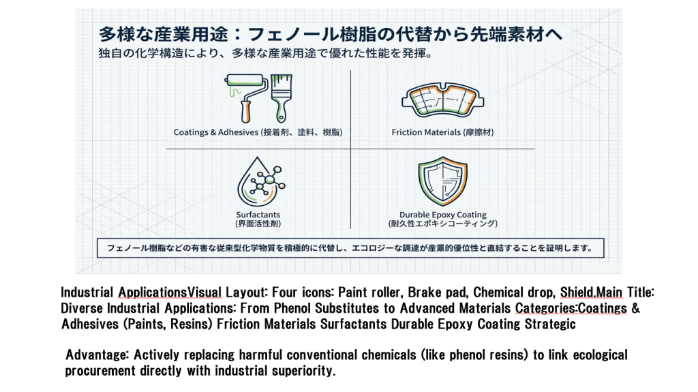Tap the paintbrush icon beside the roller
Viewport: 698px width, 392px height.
coord(281,98)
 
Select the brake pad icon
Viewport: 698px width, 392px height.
coord(442,100)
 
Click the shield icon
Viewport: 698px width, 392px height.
coord(442,181)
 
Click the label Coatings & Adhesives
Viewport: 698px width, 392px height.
coord(216,132)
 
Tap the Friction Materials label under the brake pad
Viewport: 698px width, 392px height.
coord(426,132)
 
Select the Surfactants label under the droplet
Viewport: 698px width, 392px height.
coord(258,215)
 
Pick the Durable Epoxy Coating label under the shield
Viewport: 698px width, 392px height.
coord(443,215)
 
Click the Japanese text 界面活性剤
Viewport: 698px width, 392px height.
coord(258,224)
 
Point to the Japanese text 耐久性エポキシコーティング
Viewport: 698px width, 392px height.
coord(443,224)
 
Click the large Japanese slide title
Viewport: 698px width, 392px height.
coord(331,34)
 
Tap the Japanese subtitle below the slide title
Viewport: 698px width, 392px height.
coord(265,53)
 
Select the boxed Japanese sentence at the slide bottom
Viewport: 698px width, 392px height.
coord(350,248)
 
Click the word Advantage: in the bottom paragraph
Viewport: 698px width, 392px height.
coord(97,355)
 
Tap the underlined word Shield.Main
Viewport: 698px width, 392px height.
coord(591,292)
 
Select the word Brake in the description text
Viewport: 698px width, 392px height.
coord(423,292)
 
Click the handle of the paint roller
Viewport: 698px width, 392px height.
coord(245,111)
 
